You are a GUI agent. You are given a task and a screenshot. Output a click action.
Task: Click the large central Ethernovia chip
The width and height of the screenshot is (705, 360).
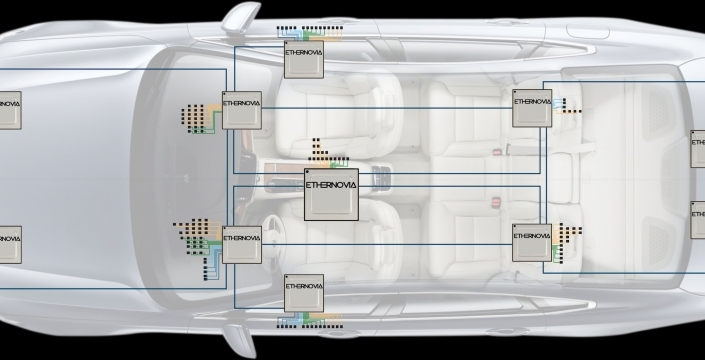click(x=331, y=195)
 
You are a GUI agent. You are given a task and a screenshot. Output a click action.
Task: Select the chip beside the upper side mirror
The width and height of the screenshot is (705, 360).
click(x=304, y=59)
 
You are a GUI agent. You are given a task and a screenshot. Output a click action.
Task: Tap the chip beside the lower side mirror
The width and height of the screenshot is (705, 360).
click(x=304, y=293)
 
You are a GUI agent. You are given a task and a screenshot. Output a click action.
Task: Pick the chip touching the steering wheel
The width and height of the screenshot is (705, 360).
click(x=242, y=245)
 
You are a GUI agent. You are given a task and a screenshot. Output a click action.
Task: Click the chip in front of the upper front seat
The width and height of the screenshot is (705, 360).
click(x=242, y=111)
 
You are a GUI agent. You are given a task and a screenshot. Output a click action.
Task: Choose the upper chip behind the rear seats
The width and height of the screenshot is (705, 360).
click(x=532, y=108)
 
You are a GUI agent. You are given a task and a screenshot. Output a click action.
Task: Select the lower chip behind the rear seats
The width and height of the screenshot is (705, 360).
click(x=532, y=243)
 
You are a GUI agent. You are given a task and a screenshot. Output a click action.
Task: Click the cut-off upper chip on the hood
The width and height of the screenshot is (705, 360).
click(x=10, y=111)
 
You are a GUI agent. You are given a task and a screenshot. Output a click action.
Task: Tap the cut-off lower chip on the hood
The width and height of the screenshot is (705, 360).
click(x=10, y=245)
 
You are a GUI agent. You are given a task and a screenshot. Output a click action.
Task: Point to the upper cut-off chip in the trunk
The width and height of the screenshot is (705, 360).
click(x=698, y=149)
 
